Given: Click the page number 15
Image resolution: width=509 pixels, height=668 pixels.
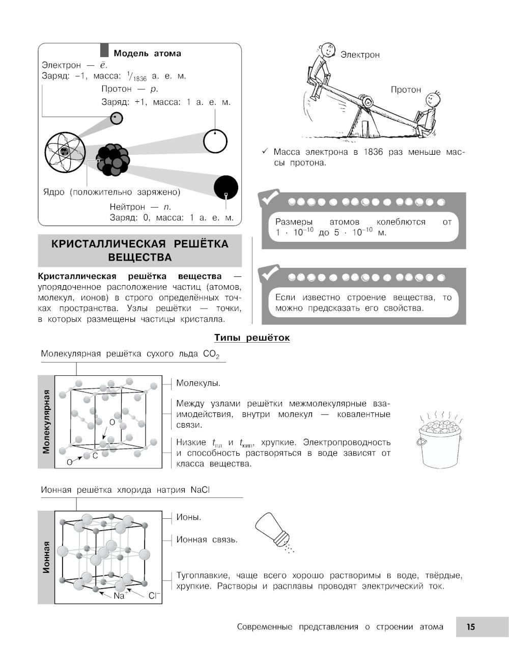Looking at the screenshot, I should [470, 627].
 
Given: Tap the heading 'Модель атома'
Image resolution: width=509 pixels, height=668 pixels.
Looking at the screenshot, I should [147, 53].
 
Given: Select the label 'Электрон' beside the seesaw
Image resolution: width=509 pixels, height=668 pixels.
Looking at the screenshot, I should [360, 54].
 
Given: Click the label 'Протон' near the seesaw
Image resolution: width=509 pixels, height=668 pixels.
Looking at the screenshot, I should [406, 90].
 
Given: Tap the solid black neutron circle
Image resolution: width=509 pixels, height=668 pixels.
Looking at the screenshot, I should [225, 187].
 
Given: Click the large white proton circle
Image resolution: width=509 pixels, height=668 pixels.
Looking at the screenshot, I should [215, 141].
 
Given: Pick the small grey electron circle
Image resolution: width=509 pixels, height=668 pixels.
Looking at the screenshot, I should [117, 118].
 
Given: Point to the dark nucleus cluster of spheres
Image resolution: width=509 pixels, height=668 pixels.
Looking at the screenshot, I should [112, 159].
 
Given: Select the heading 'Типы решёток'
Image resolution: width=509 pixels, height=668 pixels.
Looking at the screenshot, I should [252, 338].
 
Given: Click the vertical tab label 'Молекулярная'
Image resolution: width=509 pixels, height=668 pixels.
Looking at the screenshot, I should [46, 422].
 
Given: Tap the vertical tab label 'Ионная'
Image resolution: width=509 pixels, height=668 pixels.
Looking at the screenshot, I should [46, 557].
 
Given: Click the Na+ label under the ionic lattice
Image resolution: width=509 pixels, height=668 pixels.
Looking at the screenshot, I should [121, 595].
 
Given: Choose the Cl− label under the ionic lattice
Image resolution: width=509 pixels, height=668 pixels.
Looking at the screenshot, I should [154, 595].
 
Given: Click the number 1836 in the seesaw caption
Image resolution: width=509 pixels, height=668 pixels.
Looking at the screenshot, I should [373, 152].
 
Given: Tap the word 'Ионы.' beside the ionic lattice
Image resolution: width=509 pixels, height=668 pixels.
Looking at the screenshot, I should [189, 517].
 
